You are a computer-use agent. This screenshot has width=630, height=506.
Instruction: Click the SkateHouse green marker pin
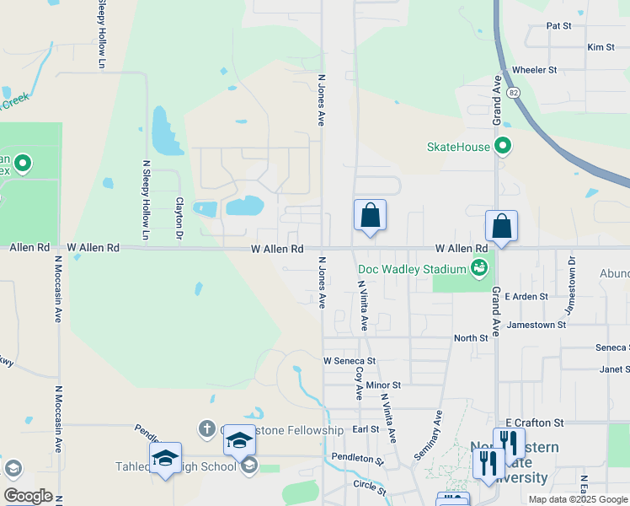click(503, 147)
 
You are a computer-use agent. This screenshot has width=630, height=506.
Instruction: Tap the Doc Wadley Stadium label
click(412, 270)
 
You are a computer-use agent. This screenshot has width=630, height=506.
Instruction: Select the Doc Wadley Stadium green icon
click(479, 269)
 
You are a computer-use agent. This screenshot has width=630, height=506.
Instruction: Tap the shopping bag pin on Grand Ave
click(501, 226)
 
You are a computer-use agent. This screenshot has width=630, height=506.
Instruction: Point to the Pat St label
click(558, 26)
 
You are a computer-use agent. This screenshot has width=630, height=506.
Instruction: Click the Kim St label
click(601, 47)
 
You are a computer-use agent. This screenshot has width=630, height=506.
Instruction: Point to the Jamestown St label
click(537, 325)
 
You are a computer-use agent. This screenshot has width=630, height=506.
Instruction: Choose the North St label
click(471, 338)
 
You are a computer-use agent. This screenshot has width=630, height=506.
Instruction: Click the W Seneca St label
click(349, 360)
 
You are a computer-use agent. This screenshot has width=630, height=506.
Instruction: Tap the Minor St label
click(383, 385)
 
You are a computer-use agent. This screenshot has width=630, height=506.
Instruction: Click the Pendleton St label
click(357, 461)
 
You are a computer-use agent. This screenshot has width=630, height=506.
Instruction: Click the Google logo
click(28, 496)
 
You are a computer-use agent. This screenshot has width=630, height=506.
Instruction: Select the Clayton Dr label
click(179, 218)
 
